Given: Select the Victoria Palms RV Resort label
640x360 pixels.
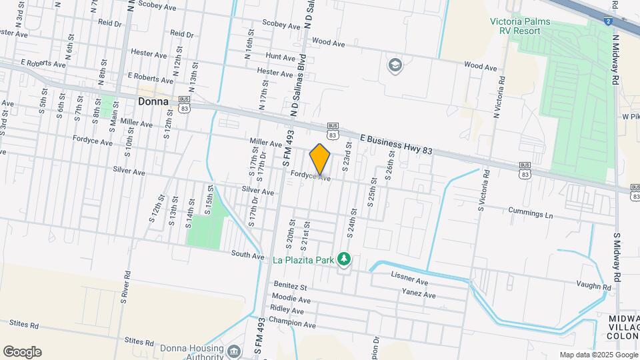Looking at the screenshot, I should click(x=530, y=26).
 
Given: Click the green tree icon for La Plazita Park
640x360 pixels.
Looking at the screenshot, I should click(x=344, y=258).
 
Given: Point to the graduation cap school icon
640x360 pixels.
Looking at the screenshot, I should click(x=395, y=65).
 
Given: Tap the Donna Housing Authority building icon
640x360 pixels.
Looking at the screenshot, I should click(x=234, y=351).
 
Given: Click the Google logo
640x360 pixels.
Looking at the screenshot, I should click(x=22, y=352).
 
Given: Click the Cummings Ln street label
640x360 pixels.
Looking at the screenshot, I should click(x=531, y=215).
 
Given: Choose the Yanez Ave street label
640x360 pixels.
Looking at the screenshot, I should click(x=418, y=294).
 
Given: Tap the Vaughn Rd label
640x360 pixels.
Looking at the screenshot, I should click(x=593, y=287).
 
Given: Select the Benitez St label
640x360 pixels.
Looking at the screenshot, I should click(x=289, y=287).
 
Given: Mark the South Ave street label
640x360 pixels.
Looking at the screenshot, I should click(x=249, y=253).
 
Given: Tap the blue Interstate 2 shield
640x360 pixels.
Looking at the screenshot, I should click(x=609, y=21).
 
